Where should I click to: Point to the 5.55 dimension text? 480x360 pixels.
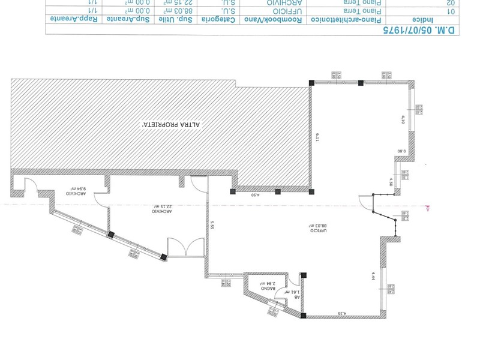(x=212, y=226)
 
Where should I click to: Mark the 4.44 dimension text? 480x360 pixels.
(x=373, y=275)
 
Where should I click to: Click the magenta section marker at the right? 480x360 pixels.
(x=428, y=208)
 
